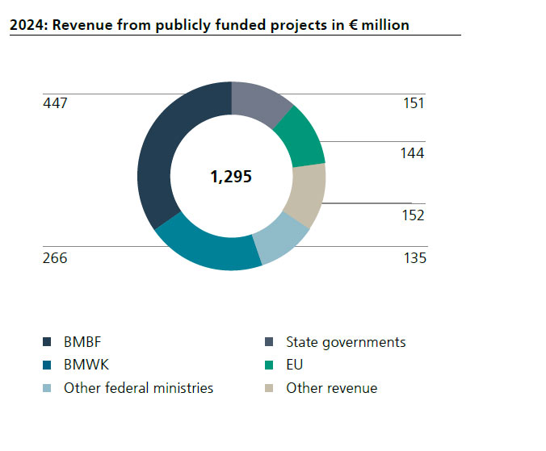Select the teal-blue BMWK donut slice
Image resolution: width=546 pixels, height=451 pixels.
tap(206, 248)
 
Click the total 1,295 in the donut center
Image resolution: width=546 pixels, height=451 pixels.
tap(231, 177)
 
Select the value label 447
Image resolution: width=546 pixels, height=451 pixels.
tap(55, 103)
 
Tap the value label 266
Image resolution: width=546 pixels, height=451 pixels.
tap(55, 258)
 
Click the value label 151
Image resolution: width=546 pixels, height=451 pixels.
tap(413, 103)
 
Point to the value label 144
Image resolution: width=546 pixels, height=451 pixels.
tap(413, 153)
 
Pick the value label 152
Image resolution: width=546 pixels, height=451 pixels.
tap(413, 215)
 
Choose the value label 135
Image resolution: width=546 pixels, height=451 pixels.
tap(414, 258)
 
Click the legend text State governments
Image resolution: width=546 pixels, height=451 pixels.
tap(346, 342)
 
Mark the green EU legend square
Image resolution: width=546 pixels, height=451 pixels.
tap(269, 365)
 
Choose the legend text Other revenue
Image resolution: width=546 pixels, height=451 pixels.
tap(331, 388)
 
